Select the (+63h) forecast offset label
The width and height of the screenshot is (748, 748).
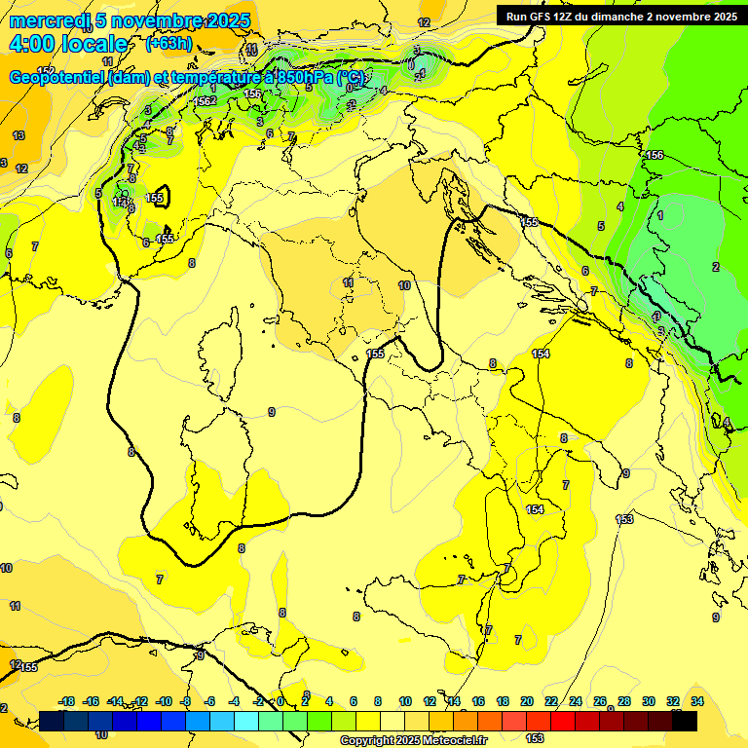[168, 44]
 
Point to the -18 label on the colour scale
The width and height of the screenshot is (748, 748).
[67, 701]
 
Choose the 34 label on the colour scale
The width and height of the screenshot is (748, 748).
[697, 701]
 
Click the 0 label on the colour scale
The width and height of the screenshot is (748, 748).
[280, 701]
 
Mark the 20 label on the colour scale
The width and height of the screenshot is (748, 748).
[527, 701]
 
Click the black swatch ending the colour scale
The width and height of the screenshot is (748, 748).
[685, 721]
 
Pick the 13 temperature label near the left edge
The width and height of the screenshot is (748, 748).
[19, 135]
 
